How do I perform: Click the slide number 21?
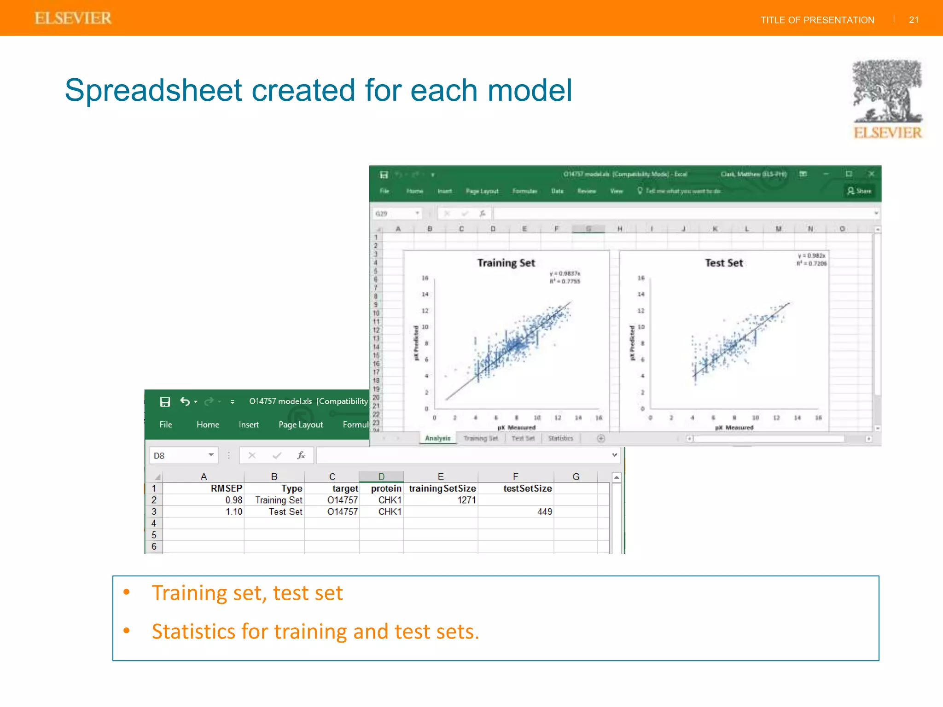pyautogui.click(x=914, y=20)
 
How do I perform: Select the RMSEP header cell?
pyautogui.click(x=226, y=488)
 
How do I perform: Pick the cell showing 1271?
pyautogui.click(x=466, y=500)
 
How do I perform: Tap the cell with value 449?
pyautogui.click(x=544, y=512)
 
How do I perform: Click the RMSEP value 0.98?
pyautogui.click(x=233, y=500)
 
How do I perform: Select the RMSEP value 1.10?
pyautogui.click(x=233, y=512)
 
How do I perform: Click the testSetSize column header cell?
pyautogui.click(x=527, y=488)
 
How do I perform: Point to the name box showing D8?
pyautogui.click(x=177, y=456)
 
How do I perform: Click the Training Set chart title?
pyautogui.click(x=506, y=263)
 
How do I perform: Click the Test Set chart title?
pyautogui.click(x=724, y=263)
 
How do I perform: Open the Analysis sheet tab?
pyautogui.click(x=437, y=438)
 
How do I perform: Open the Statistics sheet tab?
pyautogui.click(x=560, y=438)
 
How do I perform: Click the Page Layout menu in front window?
pyautogui.click(x=301, y=424)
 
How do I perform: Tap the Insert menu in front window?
pyautogui.click(x=249, y=424)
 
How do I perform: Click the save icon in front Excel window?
pyautogui.click(x=165, y=402)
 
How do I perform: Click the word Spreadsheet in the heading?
pyautogui.click(x=153, y=90)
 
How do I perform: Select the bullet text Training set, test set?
pyautogui.click(x=247, y=593)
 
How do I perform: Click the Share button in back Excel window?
pyautogui.click(x=859, y=191)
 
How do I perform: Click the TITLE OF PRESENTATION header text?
pyautogui.click(x=817, y=20)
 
